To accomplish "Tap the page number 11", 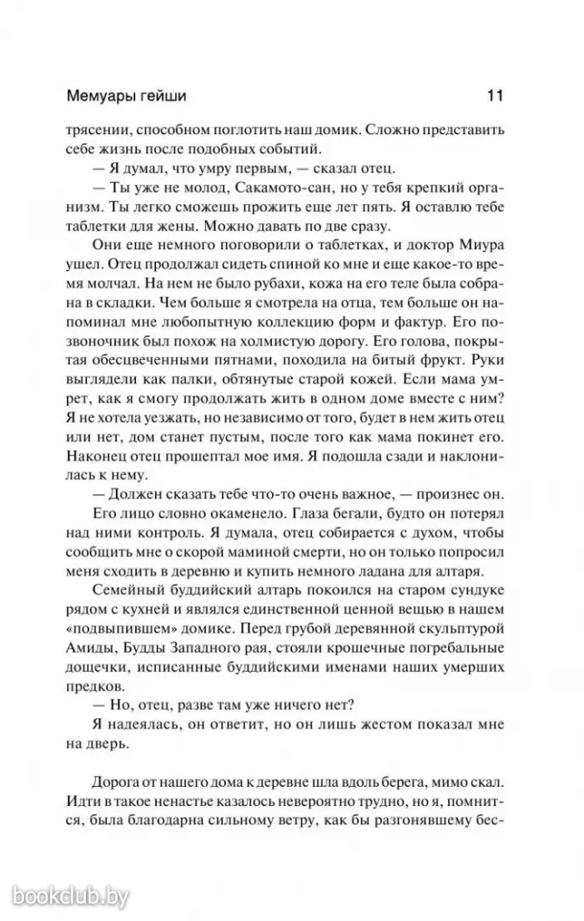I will pos(494,96).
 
